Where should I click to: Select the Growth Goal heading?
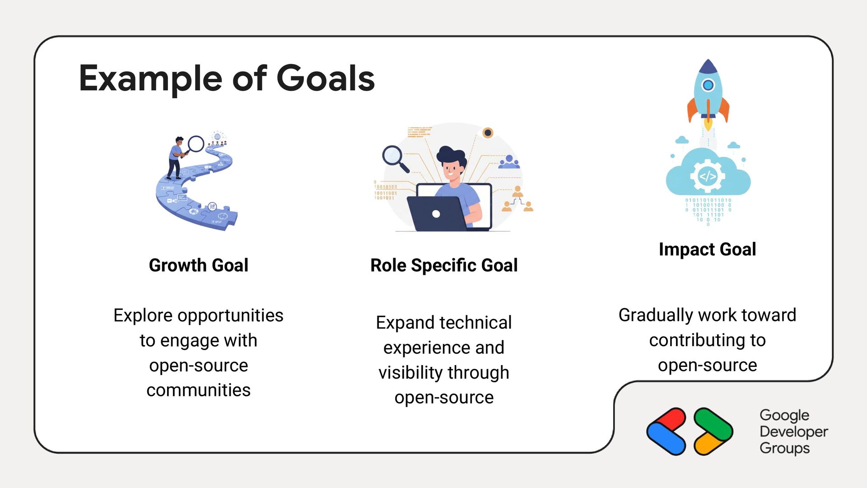[x=198, y=265]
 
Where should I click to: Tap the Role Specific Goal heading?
[x=444, y=265]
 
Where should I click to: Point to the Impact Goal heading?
[x=707, y=249]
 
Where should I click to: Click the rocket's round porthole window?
[x=708, y=85]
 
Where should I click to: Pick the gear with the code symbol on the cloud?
[x=708, y=176]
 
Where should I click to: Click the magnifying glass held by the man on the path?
[x=196, y=144]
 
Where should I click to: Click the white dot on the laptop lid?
[x=436, y=214]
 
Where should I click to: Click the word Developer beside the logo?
[x=793, y=432]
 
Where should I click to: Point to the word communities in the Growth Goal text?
[x=198, y=390]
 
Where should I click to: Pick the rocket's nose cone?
[x=708, y=66]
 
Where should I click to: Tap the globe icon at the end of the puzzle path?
[x=218, y=136]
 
